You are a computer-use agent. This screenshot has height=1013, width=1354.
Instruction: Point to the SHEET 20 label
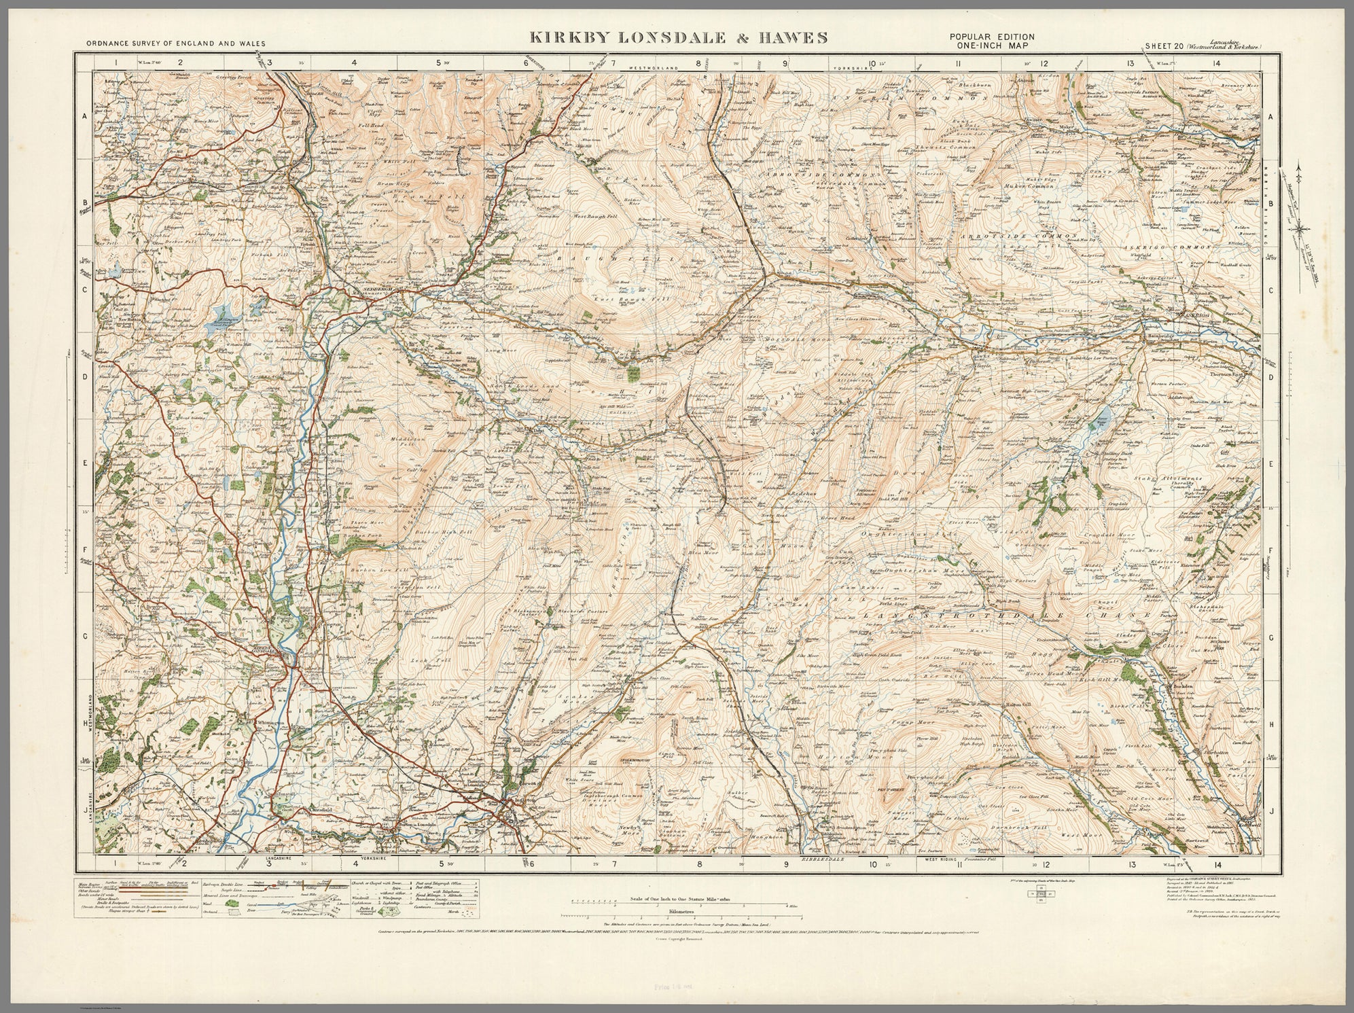tap(1164, 46)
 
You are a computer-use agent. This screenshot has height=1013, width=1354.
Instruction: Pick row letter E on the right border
tap(1269, 463)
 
